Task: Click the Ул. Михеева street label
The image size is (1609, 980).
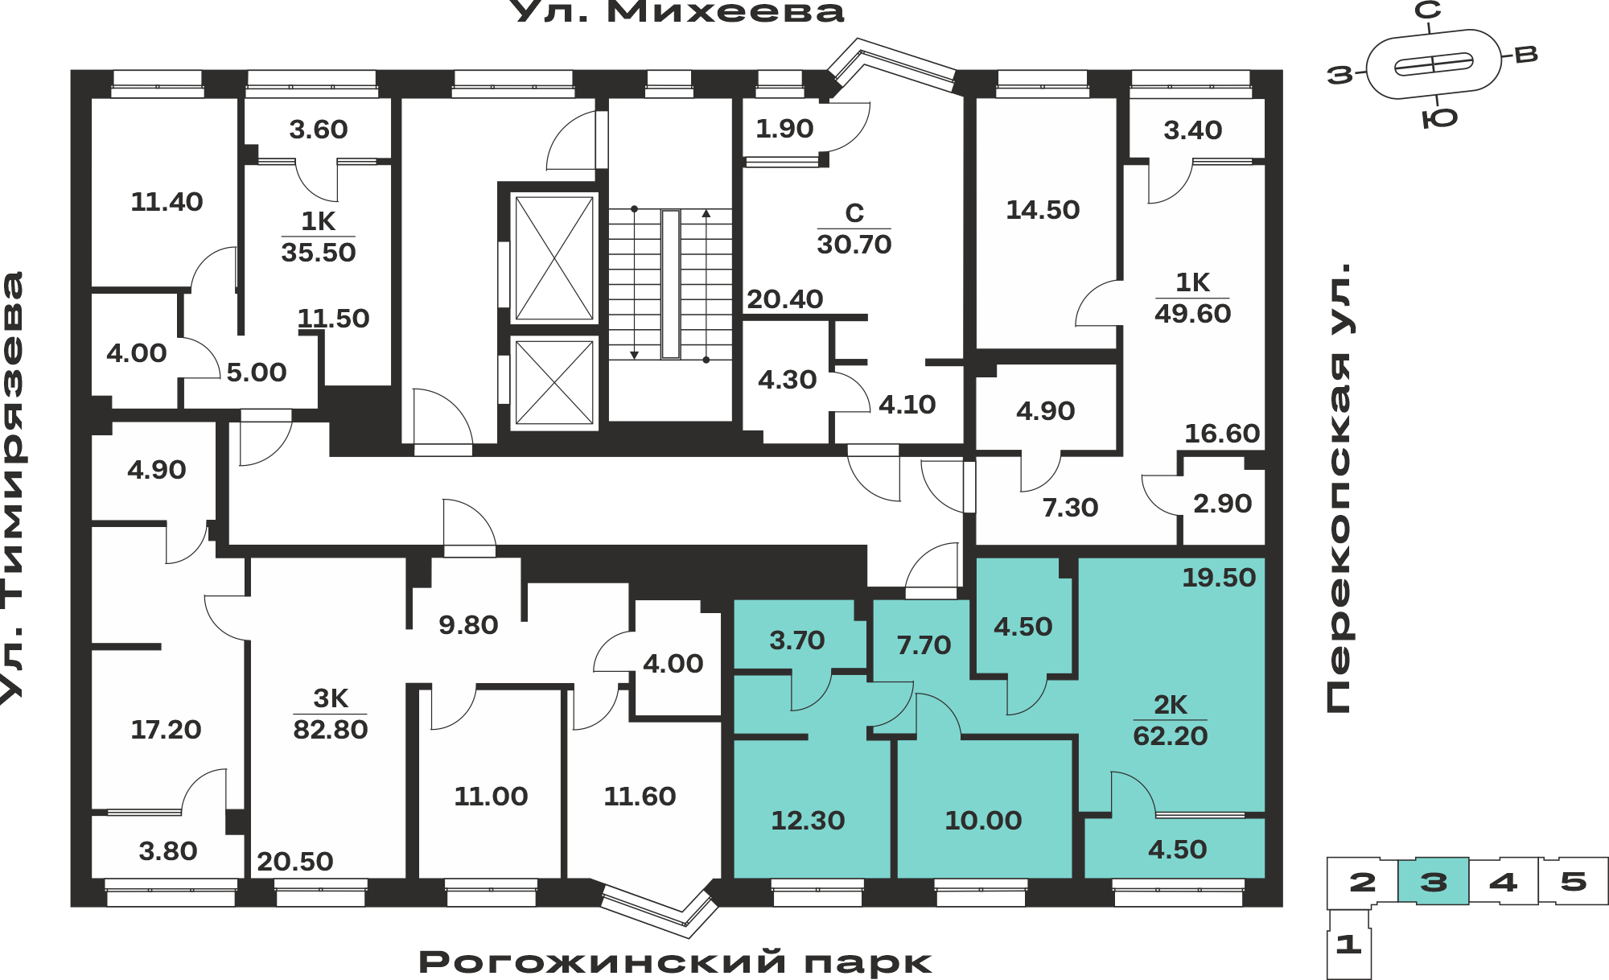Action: [677, 12]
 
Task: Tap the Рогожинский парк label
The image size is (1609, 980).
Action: [676, 962]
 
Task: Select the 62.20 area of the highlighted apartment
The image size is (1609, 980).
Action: [1171, 735]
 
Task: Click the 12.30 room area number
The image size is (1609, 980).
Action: [808, 820]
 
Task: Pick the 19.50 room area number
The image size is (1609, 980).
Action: [1219, 577]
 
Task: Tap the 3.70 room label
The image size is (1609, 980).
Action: [797, 640]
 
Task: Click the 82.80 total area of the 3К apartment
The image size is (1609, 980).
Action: [331, 729]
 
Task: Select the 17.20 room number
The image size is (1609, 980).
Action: [166, 729]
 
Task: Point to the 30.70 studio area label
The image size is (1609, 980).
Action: [854, 244]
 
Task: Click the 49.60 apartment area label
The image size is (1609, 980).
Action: [1192, 313]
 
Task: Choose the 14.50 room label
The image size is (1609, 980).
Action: [1043, 209]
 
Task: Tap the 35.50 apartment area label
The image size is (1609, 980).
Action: [319, 252]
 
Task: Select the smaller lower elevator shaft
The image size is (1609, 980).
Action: [554, 382]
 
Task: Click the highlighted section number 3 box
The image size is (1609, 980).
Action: [1434, 882]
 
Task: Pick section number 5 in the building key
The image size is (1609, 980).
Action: [1574, 881]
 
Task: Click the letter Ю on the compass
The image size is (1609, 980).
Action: [1440, 118]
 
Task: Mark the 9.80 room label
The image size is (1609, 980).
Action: [468, 624]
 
